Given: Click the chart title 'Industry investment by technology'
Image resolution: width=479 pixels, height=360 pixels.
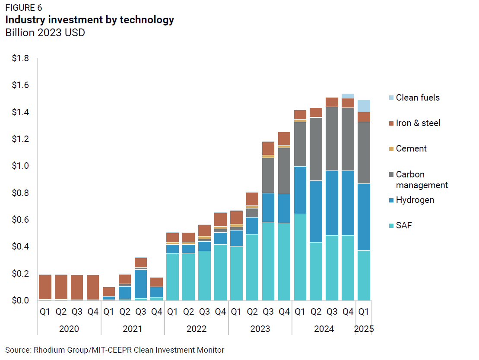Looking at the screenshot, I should click(89, 20).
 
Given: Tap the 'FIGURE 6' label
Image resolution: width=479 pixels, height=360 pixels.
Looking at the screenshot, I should click(24, 8).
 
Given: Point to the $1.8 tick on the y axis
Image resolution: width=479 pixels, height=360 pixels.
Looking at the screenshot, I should click(20, 58).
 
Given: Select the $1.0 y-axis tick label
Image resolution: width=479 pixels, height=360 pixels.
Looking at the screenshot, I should click(20, 166).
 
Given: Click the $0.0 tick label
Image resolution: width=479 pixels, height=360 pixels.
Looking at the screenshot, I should click(20, 300).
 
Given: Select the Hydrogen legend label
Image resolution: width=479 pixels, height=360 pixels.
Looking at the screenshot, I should click(415, 200).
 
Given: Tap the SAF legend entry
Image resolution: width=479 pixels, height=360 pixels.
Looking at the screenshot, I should click(403, 225).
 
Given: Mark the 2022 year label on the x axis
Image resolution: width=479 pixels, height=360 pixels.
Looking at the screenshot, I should click(197, 329).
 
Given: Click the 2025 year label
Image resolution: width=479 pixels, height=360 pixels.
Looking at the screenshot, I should click(364, 329).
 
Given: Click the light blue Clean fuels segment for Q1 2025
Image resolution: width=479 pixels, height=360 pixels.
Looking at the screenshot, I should click(364, 106).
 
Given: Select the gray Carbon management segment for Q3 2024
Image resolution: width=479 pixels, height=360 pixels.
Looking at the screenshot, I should click(332, 139).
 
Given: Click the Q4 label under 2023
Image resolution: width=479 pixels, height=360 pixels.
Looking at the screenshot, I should click(284, 311).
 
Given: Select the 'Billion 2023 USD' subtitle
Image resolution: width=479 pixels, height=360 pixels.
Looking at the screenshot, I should click(45, 33).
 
